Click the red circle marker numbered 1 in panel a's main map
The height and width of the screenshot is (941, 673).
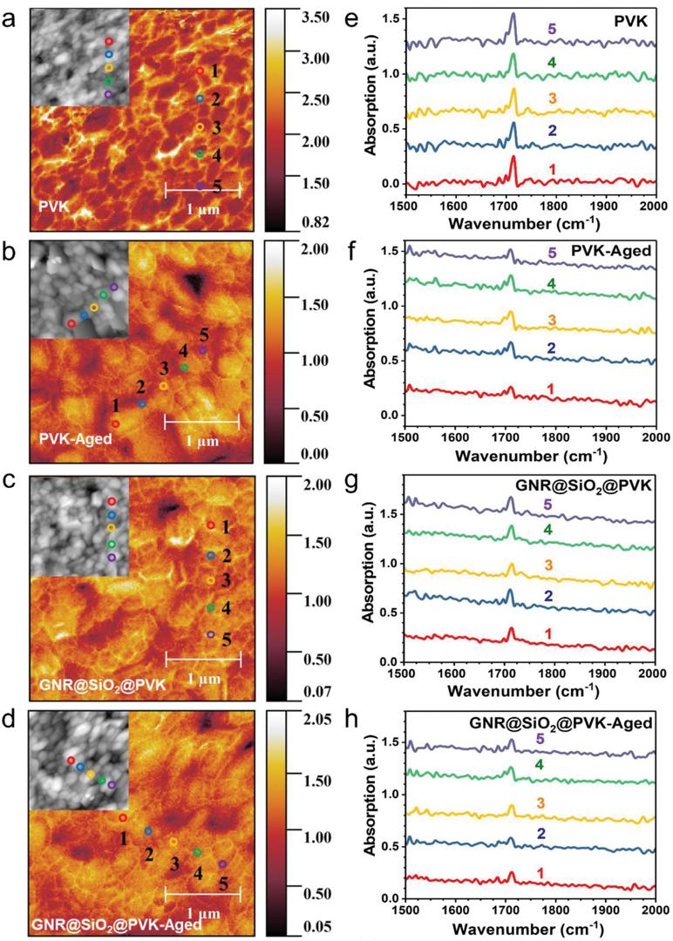(x=200, y=70)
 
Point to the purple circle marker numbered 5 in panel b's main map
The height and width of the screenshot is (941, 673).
(x=202, y=350)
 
